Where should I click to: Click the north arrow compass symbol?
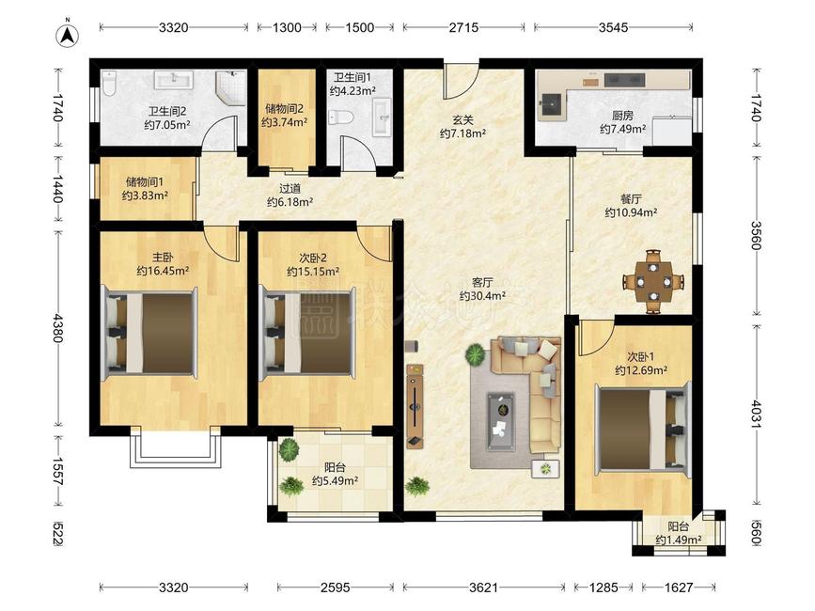point(67,36)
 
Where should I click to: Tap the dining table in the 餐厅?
point(653,282)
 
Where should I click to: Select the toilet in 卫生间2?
point(109,85)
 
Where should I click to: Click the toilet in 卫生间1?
point(341,117)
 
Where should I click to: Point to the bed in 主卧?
point(151,334)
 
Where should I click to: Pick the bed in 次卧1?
point(643,429)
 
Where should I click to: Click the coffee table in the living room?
point(501,421)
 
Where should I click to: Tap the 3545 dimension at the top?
point(613,27)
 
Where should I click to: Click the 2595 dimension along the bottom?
point(336,587)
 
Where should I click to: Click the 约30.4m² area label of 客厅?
point(483,296)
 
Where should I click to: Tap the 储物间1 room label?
point(145,181)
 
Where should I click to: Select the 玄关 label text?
point(462,120)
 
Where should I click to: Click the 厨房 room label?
point(622,116)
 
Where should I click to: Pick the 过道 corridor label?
point(290,189)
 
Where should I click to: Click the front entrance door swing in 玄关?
point(461,80)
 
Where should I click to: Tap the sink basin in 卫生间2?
point(175,80)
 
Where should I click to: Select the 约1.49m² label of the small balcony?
point(679,540)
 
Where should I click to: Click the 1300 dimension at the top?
point(287,27)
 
